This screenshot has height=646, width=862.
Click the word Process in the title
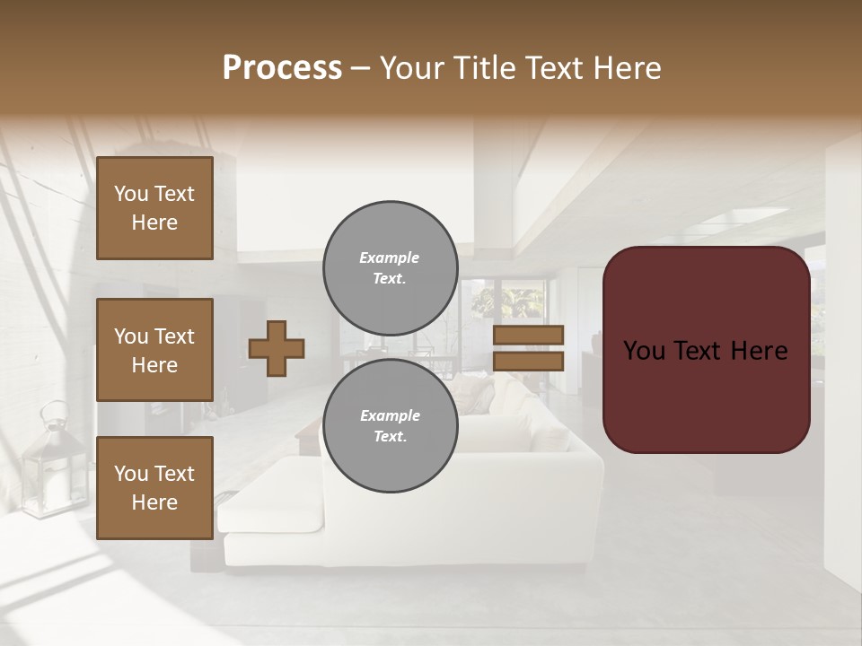point(282,68)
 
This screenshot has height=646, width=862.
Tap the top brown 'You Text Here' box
point(154,208)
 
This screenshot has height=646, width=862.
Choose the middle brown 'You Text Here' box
point(154,350)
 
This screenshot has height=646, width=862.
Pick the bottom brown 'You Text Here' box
point(154,488)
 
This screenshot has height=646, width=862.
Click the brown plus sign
point(277,348)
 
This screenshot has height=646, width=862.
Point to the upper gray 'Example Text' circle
point(390,268)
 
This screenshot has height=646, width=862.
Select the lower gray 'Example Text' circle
point(390,426)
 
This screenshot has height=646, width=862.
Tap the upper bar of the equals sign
point(529,335)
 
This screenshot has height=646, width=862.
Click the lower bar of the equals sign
point(529,362)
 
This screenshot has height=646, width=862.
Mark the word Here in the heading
point(629,68)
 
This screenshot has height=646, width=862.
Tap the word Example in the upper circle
point(390,258)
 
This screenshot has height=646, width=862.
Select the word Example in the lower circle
point(390,415)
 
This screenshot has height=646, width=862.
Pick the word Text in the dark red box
point(706,351)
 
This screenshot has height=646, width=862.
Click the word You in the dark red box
point(644,351)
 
